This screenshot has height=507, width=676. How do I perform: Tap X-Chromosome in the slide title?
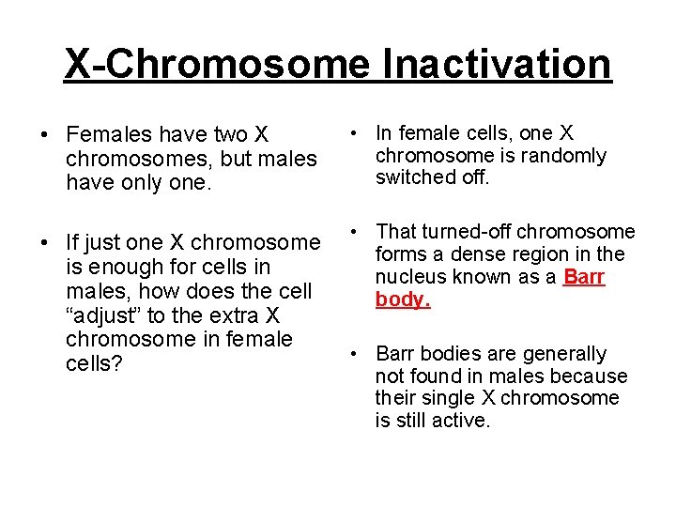pos(217,64)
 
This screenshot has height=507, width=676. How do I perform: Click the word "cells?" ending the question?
pos(94,362)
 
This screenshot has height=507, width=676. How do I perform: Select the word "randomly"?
pos(560,156)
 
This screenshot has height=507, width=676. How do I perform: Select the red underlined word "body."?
pos(403,300)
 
